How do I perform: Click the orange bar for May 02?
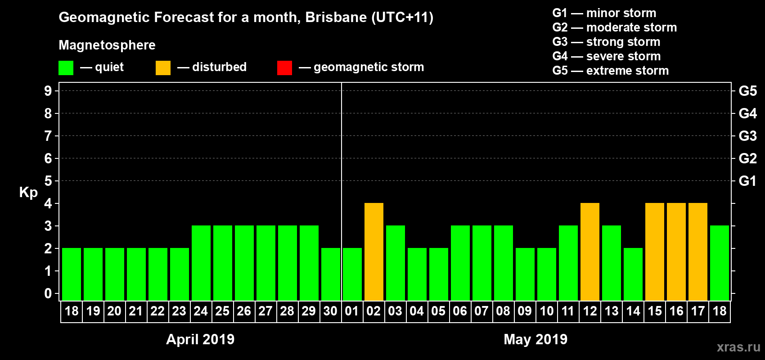[374, 252]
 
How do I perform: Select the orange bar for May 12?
[590, 252]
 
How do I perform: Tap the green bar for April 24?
[201, 263]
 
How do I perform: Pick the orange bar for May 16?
[676, 252]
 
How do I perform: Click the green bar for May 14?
[633, 274]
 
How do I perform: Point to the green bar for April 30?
[331, 274]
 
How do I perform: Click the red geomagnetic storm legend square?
[284, 68]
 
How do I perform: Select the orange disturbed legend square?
[163, 68]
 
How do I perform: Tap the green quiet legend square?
[66, 68]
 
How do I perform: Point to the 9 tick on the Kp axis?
[48, 91]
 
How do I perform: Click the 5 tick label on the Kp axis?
[48, 181]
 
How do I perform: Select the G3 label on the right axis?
[747, 136]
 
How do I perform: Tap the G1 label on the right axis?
[747, 181]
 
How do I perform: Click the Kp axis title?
[28, 193]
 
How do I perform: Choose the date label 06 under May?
[460, 311]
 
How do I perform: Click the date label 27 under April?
[265, 311]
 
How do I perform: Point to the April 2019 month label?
[200, 339]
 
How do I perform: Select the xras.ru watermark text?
[738, 347]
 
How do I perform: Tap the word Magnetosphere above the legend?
[107, 45]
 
